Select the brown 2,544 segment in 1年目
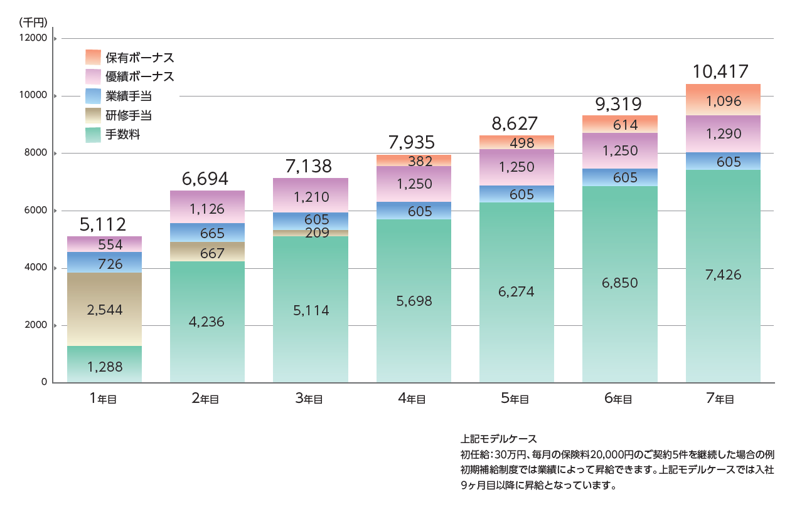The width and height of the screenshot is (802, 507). [104, 309]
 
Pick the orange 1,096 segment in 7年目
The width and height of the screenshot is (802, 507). [723, 100]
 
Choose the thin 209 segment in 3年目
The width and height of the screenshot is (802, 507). [311, 233]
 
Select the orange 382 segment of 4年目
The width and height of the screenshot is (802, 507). [414, 160]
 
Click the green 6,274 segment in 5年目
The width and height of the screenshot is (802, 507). [516, 291]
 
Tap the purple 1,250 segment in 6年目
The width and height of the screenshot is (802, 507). [620, 151]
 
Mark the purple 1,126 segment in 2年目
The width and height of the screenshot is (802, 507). [208, 207]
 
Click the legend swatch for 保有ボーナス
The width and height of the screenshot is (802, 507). [93, 57]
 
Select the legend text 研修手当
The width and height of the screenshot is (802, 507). [128, 115]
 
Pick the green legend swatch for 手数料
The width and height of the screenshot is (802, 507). [93, 135]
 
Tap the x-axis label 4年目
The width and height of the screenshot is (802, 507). [414, 399]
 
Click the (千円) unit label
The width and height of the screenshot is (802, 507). [33, 22]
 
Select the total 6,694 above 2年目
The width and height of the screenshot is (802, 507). [208, 179]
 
